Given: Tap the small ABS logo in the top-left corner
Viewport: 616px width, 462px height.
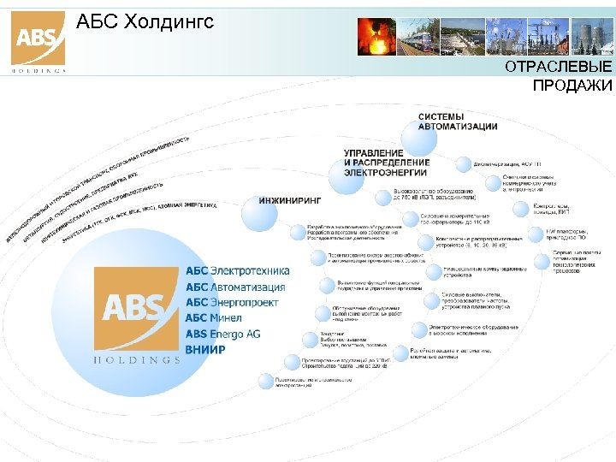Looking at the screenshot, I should click(x=38, y=39).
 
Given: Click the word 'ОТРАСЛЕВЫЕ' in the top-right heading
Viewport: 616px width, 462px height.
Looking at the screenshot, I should click(x=558, y=68).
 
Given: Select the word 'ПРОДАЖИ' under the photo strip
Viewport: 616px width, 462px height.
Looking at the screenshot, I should click(x=572, y=86).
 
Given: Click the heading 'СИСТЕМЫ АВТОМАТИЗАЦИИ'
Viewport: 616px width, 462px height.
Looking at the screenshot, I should click(x=457, y=121).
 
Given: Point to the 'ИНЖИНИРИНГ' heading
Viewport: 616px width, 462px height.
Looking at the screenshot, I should click(x=290, y=200).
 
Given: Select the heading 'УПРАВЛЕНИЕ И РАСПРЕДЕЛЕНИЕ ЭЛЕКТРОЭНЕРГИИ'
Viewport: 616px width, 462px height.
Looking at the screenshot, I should click(x=387, y=162).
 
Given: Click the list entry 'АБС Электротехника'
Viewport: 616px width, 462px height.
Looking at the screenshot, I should click(x=237, y=271).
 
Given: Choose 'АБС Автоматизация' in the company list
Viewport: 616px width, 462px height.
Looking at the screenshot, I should click(x=235, y=287).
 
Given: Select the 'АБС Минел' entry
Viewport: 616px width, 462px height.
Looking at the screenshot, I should click(x=214, y=318).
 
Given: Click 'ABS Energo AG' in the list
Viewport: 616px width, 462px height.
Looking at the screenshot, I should click(x=222, y=334).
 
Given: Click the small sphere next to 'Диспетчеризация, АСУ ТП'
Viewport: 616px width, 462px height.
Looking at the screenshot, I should click(x=462, y=163).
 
